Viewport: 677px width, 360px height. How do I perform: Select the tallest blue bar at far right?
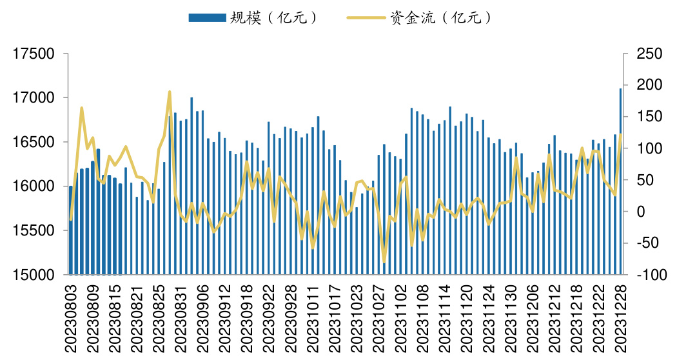click(x=620, y=181)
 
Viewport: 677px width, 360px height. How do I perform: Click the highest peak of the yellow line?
click(x=170, y=92)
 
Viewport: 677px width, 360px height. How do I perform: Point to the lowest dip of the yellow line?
click(x=384, y=262)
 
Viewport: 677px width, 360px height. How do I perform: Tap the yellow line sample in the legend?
click(x=366, y=18)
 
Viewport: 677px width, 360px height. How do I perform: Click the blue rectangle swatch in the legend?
click(x=206, y=18)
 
